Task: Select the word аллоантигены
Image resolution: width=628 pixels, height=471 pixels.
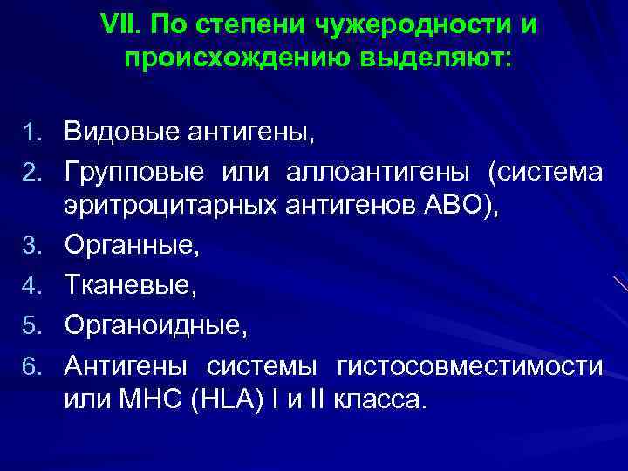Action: coord(380,173)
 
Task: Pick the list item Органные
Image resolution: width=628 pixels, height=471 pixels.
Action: coord(131,246)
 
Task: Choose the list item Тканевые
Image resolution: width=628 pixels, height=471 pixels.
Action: coord(126,286)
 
